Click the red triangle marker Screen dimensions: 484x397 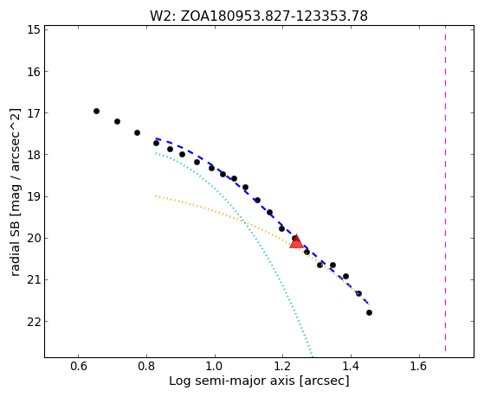click(x=296, y=241)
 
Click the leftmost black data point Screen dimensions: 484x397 click(x=96, y=111)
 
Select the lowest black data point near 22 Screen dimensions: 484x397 click(x=369, y=313)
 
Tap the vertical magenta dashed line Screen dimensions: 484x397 click(x=445, y=189)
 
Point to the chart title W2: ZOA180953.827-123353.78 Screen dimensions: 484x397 click(x=259, y=16)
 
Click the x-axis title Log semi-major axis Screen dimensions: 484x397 click(x=259, y=381)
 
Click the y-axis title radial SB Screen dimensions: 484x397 click(x=15, y=192)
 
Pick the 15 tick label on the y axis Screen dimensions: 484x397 click(x=33, y=30)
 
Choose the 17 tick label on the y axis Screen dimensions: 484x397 click(x=33, y=113)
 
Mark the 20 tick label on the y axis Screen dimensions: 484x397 click(x=33, y=238)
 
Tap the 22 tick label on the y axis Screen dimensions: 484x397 click(x=33, y=322)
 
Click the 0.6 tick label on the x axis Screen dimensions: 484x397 click(x=79, y=366)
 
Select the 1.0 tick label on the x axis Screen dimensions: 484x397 click(x=215, y=366)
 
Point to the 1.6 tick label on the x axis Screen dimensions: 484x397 click(x=419, y=366)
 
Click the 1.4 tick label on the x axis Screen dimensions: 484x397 click(x=351, y=366)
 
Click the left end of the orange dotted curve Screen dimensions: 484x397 click(x=156, y=195)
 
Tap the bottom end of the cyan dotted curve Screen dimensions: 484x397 click(x=312, y=355)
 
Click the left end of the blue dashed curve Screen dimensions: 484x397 click(x=156, y=138)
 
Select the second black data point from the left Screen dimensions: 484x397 click(x=117, y=122)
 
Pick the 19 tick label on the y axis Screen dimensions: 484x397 click(x=33, y=196)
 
